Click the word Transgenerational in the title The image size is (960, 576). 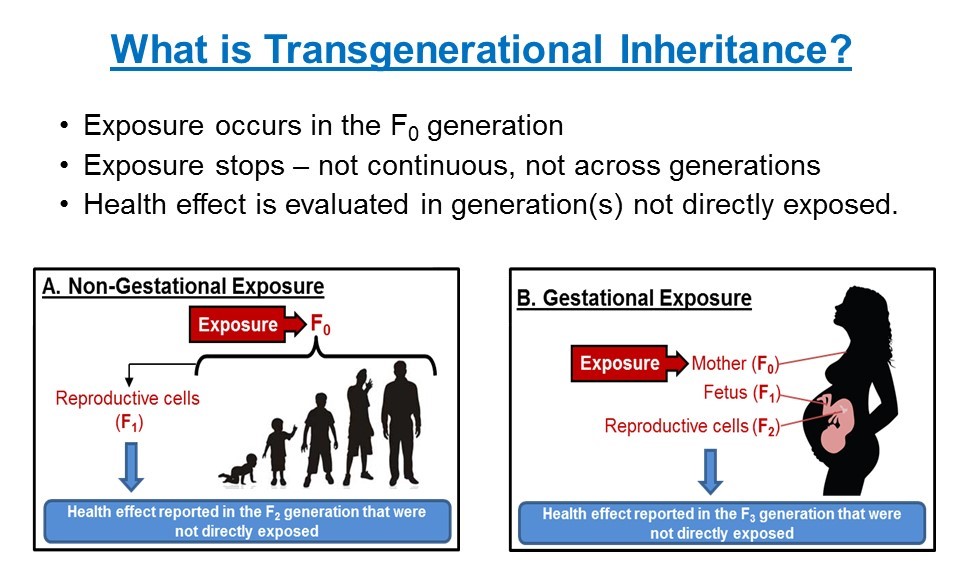coord(433,50)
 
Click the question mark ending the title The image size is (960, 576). coord(838,48)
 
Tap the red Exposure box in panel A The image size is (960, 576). coord(238,324)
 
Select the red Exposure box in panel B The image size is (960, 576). coord(620,363)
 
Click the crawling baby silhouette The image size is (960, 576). coord(239,470)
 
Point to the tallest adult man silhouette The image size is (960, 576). coord(401,423)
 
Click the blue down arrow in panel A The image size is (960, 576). coord(131,467)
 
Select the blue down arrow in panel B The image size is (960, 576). coord(710,472)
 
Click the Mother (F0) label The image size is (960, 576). coord(735,364)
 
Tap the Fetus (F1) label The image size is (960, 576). coord(742,393)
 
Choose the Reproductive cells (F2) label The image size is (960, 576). coord(692,426)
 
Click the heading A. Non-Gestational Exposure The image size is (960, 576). coord(183,286)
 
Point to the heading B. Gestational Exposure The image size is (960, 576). coord(634,298)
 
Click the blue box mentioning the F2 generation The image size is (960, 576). coord(247,521)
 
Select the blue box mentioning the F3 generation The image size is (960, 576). coord(722,523)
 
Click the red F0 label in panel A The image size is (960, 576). coord(321,324)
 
